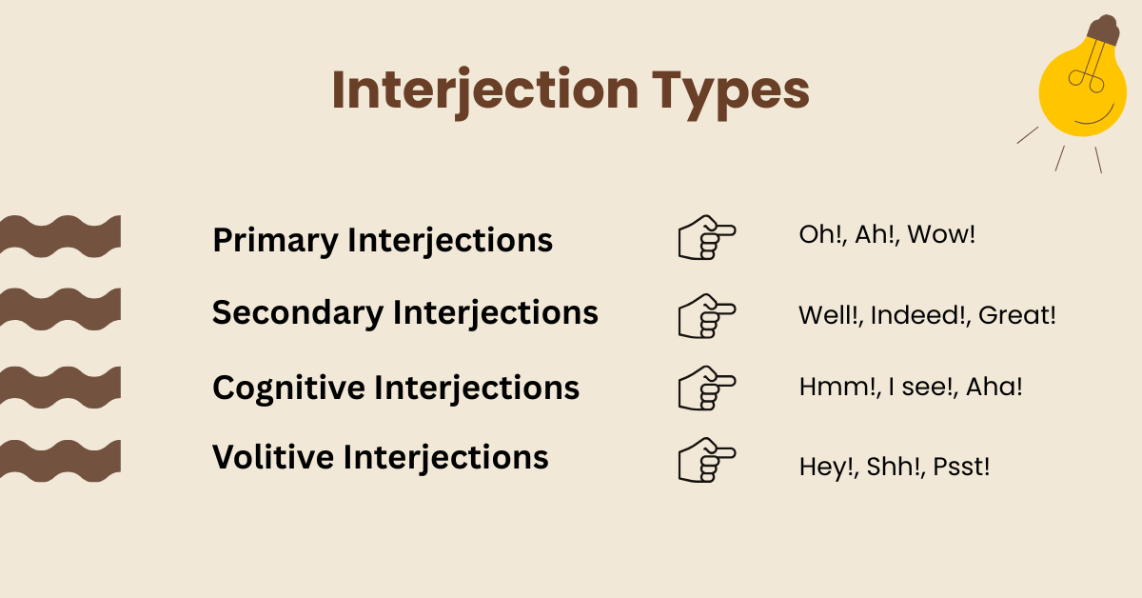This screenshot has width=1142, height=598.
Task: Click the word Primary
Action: [x=275, y=240]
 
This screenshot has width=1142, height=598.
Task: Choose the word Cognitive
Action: [x=287, y=388]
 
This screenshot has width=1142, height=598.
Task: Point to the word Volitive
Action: [x=272, y=457]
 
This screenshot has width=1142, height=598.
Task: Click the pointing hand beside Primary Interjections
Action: [x=706, y=238]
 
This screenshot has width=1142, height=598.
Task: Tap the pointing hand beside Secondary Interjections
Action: [x=706, y=315]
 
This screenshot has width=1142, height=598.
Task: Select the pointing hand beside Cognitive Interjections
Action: [x=706, y=388]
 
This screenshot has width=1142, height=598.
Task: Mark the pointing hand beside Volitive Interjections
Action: [x=706, y=460]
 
